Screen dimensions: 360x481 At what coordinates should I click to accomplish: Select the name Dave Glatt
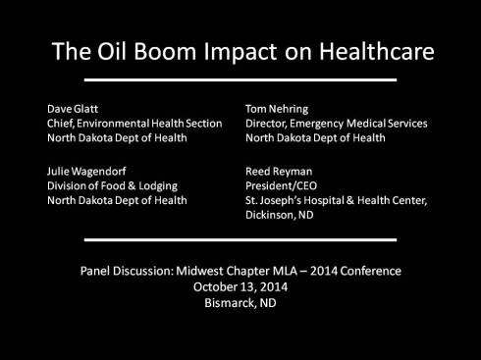pos(73,109)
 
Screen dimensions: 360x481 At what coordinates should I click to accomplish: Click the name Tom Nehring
pos(279,109)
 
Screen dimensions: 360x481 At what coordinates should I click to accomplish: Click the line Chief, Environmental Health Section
pos(134,124)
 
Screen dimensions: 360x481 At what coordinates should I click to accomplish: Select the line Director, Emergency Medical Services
pos(337,124)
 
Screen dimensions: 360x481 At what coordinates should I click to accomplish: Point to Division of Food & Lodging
pos(112,185)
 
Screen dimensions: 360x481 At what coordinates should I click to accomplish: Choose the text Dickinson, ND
pos(281,216)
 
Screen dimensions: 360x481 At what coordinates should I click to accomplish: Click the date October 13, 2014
pos(240,287)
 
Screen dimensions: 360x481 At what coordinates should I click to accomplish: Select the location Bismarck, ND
pos(240,304)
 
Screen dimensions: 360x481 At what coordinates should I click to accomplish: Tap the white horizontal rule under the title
pos(240,79)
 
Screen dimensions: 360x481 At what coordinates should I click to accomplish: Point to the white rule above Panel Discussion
pos(240,239)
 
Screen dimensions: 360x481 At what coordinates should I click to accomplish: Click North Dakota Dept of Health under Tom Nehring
pos(314,138)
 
